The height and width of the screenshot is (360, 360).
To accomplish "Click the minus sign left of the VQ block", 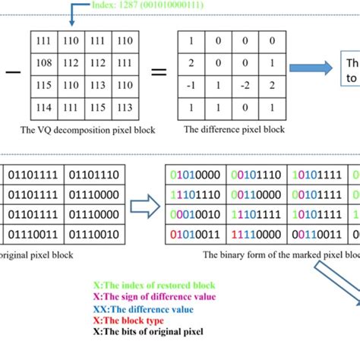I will coord(11,74).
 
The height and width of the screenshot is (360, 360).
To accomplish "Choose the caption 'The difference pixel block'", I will coord(232,130).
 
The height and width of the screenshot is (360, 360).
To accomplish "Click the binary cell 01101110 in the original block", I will coord(93,176).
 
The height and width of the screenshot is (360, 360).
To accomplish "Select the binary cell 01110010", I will coord(93,233).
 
